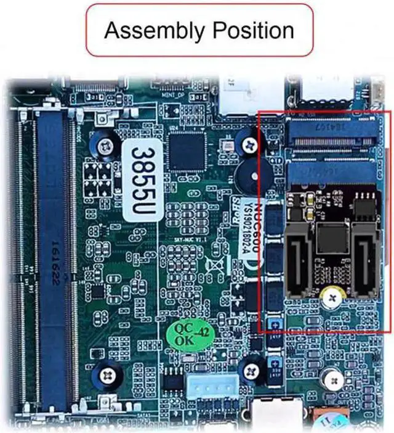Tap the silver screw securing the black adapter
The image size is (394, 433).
[332, 299]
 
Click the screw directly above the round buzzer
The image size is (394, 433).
[249, 145]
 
